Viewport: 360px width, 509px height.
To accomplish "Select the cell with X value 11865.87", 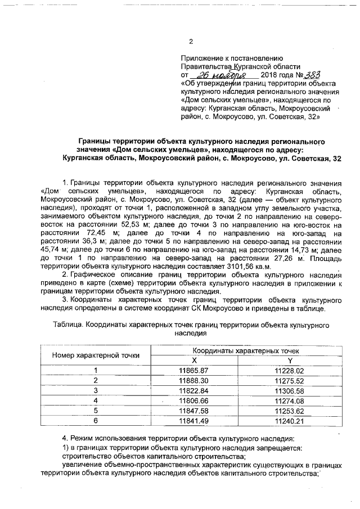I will click(193, 370).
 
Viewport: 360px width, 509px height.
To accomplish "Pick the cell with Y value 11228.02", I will click(289, 370).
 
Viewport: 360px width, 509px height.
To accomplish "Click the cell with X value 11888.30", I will click(193, 380).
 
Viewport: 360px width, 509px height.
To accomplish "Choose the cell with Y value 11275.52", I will click(289, 380).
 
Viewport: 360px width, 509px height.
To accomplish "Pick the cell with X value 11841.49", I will click(193, 420).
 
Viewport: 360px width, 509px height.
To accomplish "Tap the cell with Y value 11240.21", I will click(289, 420).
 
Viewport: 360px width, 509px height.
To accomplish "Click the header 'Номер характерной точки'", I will click(96, 355).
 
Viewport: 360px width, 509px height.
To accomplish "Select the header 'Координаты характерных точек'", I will click(242, 350).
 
